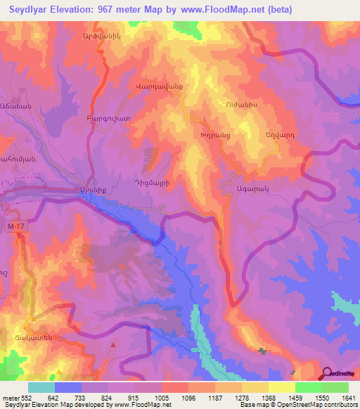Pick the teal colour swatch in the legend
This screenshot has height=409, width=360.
[41, 387]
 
